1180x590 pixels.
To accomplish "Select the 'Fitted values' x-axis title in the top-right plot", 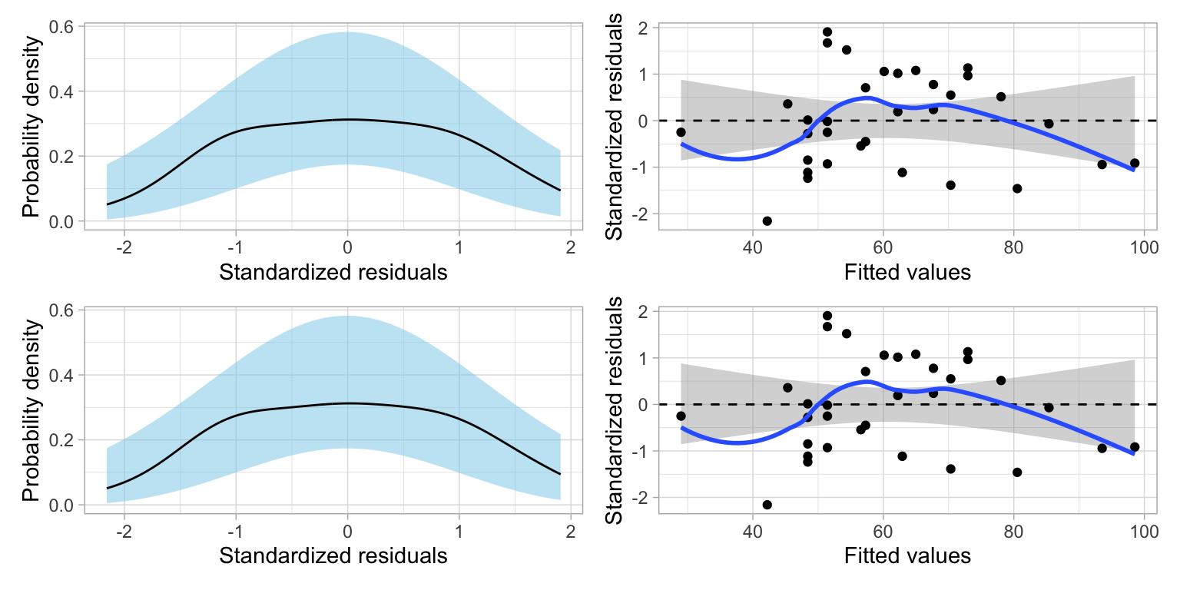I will click(x=907, y=272).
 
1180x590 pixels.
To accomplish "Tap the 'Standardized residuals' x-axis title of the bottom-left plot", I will click(x=333, y=555).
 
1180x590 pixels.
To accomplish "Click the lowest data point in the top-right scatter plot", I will click(x=767, y=221).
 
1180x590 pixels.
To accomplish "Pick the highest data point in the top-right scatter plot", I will click(x=827, y=32).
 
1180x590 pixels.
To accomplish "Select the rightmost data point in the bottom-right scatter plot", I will click(x=1134, y=447).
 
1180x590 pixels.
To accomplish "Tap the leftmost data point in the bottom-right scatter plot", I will click(x=681, y=416).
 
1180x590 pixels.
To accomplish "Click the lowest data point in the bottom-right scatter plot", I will click(x=767, y=505).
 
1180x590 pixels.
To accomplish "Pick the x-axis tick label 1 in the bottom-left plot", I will click(x=459, y=533).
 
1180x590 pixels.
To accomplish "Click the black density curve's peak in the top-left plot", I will click(x=347, y=119).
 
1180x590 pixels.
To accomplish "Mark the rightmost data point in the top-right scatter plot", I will click(x=1134, y=163).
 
